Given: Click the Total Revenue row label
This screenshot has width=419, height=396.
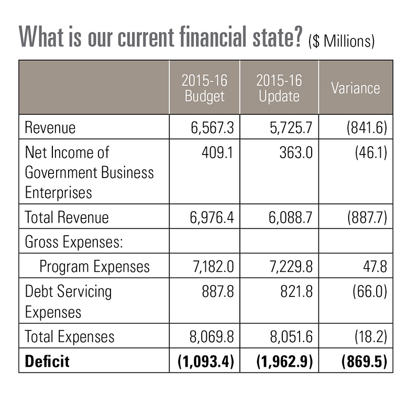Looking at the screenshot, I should pos(67,217).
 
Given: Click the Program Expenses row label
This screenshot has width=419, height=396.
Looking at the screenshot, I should pos(95,266).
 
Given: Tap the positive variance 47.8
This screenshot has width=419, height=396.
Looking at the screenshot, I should pos(373,266).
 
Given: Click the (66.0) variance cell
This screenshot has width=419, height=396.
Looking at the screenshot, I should pos(365,291).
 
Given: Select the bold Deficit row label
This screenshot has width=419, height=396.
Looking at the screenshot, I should pos(47,361).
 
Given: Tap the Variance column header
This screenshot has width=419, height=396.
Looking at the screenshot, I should pos(356,87).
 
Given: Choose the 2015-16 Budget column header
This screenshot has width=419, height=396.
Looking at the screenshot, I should pos(204,87).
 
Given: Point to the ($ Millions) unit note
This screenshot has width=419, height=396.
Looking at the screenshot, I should pos(341,41).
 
